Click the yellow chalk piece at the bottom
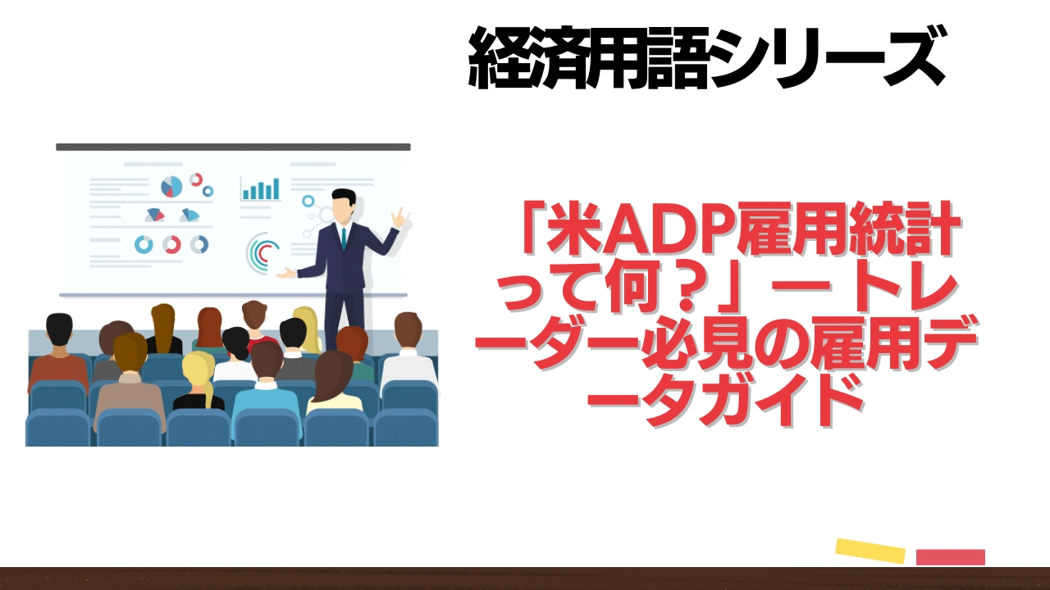pyautogui.click(x=870, y=550)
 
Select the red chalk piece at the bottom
pyautogui.click(x=950, y=557)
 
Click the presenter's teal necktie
pyautogui.click(x=344, y=238)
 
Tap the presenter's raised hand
pyautogui.click(x=399, y=217)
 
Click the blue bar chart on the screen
pyautogui.click(x=261, y=189)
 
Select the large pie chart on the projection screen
pyautogui.click(x=171, y=187)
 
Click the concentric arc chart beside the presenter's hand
pyautogui.click(x=262, y=254)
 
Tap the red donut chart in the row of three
pyautogui.click(x=171, y=244)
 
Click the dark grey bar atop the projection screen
pyautogui.click(x=233, y=147)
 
